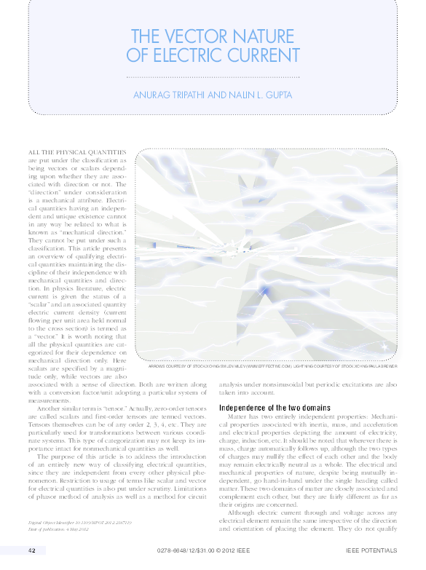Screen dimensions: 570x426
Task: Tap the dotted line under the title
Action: (213, 76)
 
